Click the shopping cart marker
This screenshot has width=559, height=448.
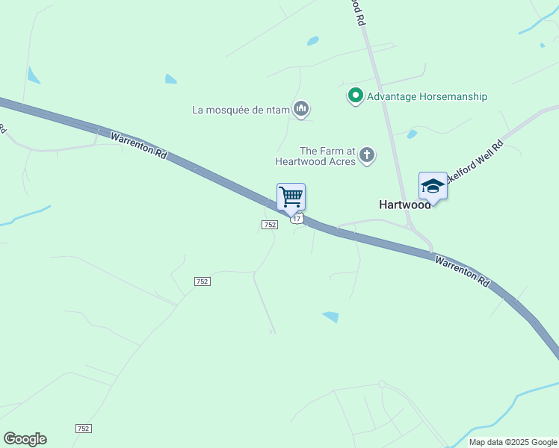point(291,198)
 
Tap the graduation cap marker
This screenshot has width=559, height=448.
point(433,186)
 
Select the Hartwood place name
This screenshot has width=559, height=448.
point(404,205)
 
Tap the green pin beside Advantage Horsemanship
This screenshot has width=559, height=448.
point(355,96)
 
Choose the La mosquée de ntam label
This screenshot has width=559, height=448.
point(240,111)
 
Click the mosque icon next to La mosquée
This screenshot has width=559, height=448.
point(301,110)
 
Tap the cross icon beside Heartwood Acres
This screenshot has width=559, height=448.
point(366,155)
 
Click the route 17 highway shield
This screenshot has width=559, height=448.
point(297,218)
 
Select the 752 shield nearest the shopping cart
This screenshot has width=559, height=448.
point(270,225)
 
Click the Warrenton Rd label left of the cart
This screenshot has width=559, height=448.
point(138,146)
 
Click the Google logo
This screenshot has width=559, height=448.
point(25,439)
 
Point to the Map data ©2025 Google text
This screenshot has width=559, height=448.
point(513,442)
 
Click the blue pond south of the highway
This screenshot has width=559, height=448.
point(330,317)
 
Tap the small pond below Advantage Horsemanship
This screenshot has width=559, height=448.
point(412,134)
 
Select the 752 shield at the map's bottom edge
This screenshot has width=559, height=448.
point(84,428)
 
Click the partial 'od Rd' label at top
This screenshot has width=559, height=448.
point(359,14)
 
